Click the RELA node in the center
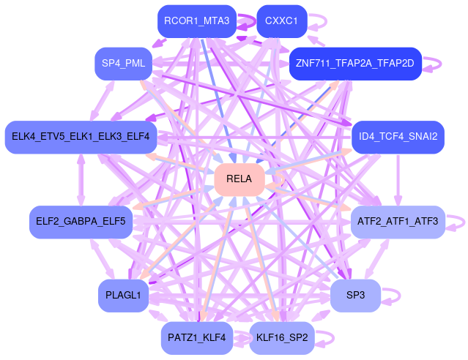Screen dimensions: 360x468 point(239,179)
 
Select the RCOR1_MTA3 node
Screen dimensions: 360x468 point(196,21)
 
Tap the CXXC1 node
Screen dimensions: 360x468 point(281,21)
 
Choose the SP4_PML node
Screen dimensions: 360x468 point(124,63)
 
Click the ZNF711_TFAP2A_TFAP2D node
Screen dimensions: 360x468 point(355,63)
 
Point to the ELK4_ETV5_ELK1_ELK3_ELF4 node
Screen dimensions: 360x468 point(81,137)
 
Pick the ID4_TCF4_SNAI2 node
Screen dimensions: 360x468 point(398,137)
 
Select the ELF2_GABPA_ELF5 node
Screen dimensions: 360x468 point(81,221)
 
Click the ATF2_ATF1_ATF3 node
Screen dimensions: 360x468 point(398,221)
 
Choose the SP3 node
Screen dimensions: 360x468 point(355,295)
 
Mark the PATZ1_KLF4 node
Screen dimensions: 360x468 point(196,337)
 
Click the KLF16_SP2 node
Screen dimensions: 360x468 point(282,337)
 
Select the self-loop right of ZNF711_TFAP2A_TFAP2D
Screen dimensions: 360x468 point(434,63)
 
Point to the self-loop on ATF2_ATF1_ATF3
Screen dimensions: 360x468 point(457,221)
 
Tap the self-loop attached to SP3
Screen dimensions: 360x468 point(394,295)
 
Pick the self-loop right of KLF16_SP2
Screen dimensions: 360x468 point(327,337)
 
